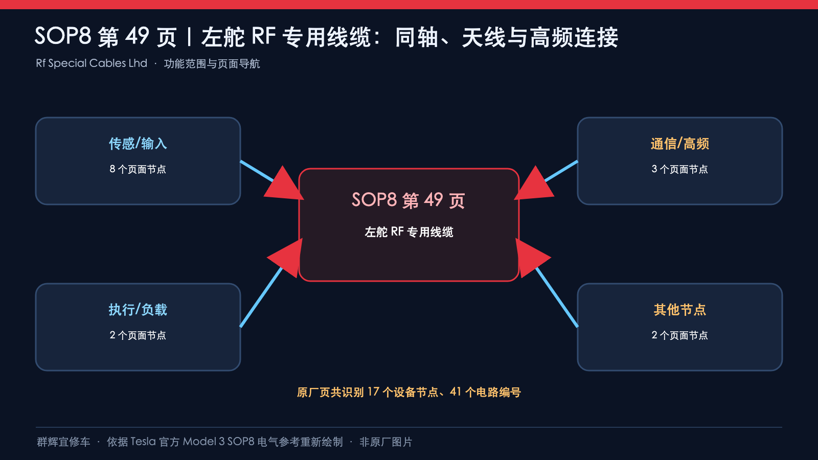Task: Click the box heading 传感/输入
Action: [x=138, y=144]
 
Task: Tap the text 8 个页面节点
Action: [x=138, y=169]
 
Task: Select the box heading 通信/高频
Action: [x=679, y=144]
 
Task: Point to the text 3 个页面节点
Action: [x=679, y=169]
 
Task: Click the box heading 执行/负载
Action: [x=138, y=310]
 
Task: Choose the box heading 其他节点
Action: [x=679, y=310]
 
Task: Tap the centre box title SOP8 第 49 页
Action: [x=408, y=200]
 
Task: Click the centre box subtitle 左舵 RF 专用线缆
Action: [x=408, y=232]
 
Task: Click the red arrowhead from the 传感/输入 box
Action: [x=285, y=185]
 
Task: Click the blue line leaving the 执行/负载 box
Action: [x=261, y=297]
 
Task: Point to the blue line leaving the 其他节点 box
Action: [x=557, y=297]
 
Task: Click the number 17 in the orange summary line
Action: [x=373, y=392]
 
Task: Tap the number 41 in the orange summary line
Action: [x=456, y=392]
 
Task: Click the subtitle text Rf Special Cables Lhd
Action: [x=92, y=63]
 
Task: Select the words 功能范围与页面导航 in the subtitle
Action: [x=212, y=64]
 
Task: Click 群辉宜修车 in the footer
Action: [x=63, y=442]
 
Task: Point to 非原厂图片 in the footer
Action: [x=385, y=442]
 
